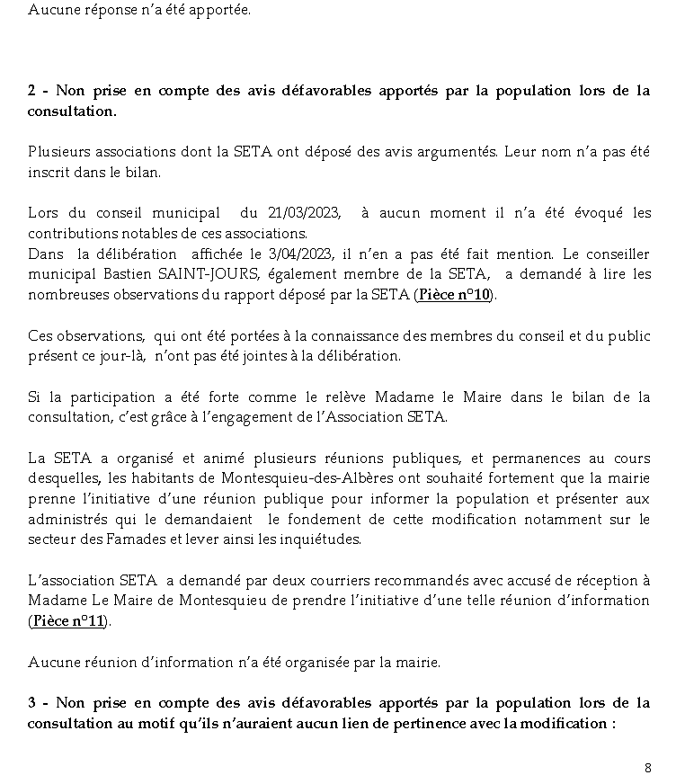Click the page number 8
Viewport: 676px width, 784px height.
point(648,767)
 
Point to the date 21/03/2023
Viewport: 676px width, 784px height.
point(304,213)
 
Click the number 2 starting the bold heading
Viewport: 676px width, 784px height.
point(32,91)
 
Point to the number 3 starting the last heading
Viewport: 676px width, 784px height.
point(32,703)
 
